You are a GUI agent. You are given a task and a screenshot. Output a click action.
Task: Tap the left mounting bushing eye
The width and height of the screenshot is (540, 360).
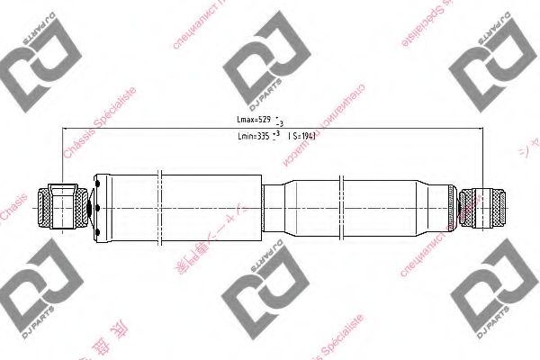pos(61,207)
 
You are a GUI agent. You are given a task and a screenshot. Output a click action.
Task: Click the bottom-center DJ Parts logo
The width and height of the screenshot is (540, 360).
pos(262,297)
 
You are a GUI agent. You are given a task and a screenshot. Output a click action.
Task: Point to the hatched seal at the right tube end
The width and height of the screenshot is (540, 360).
pos(450,207)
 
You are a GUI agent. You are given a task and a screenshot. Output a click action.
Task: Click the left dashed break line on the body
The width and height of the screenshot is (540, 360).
pos(158,207)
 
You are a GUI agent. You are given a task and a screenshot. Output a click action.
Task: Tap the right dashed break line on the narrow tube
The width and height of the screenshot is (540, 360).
pos(343,207)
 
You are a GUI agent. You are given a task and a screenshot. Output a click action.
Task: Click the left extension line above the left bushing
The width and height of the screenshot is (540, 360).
pos(61,153)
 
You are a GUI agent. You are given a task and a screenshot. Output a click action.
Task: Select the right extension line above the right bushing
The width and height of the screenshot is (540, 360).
pos(483,153)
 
